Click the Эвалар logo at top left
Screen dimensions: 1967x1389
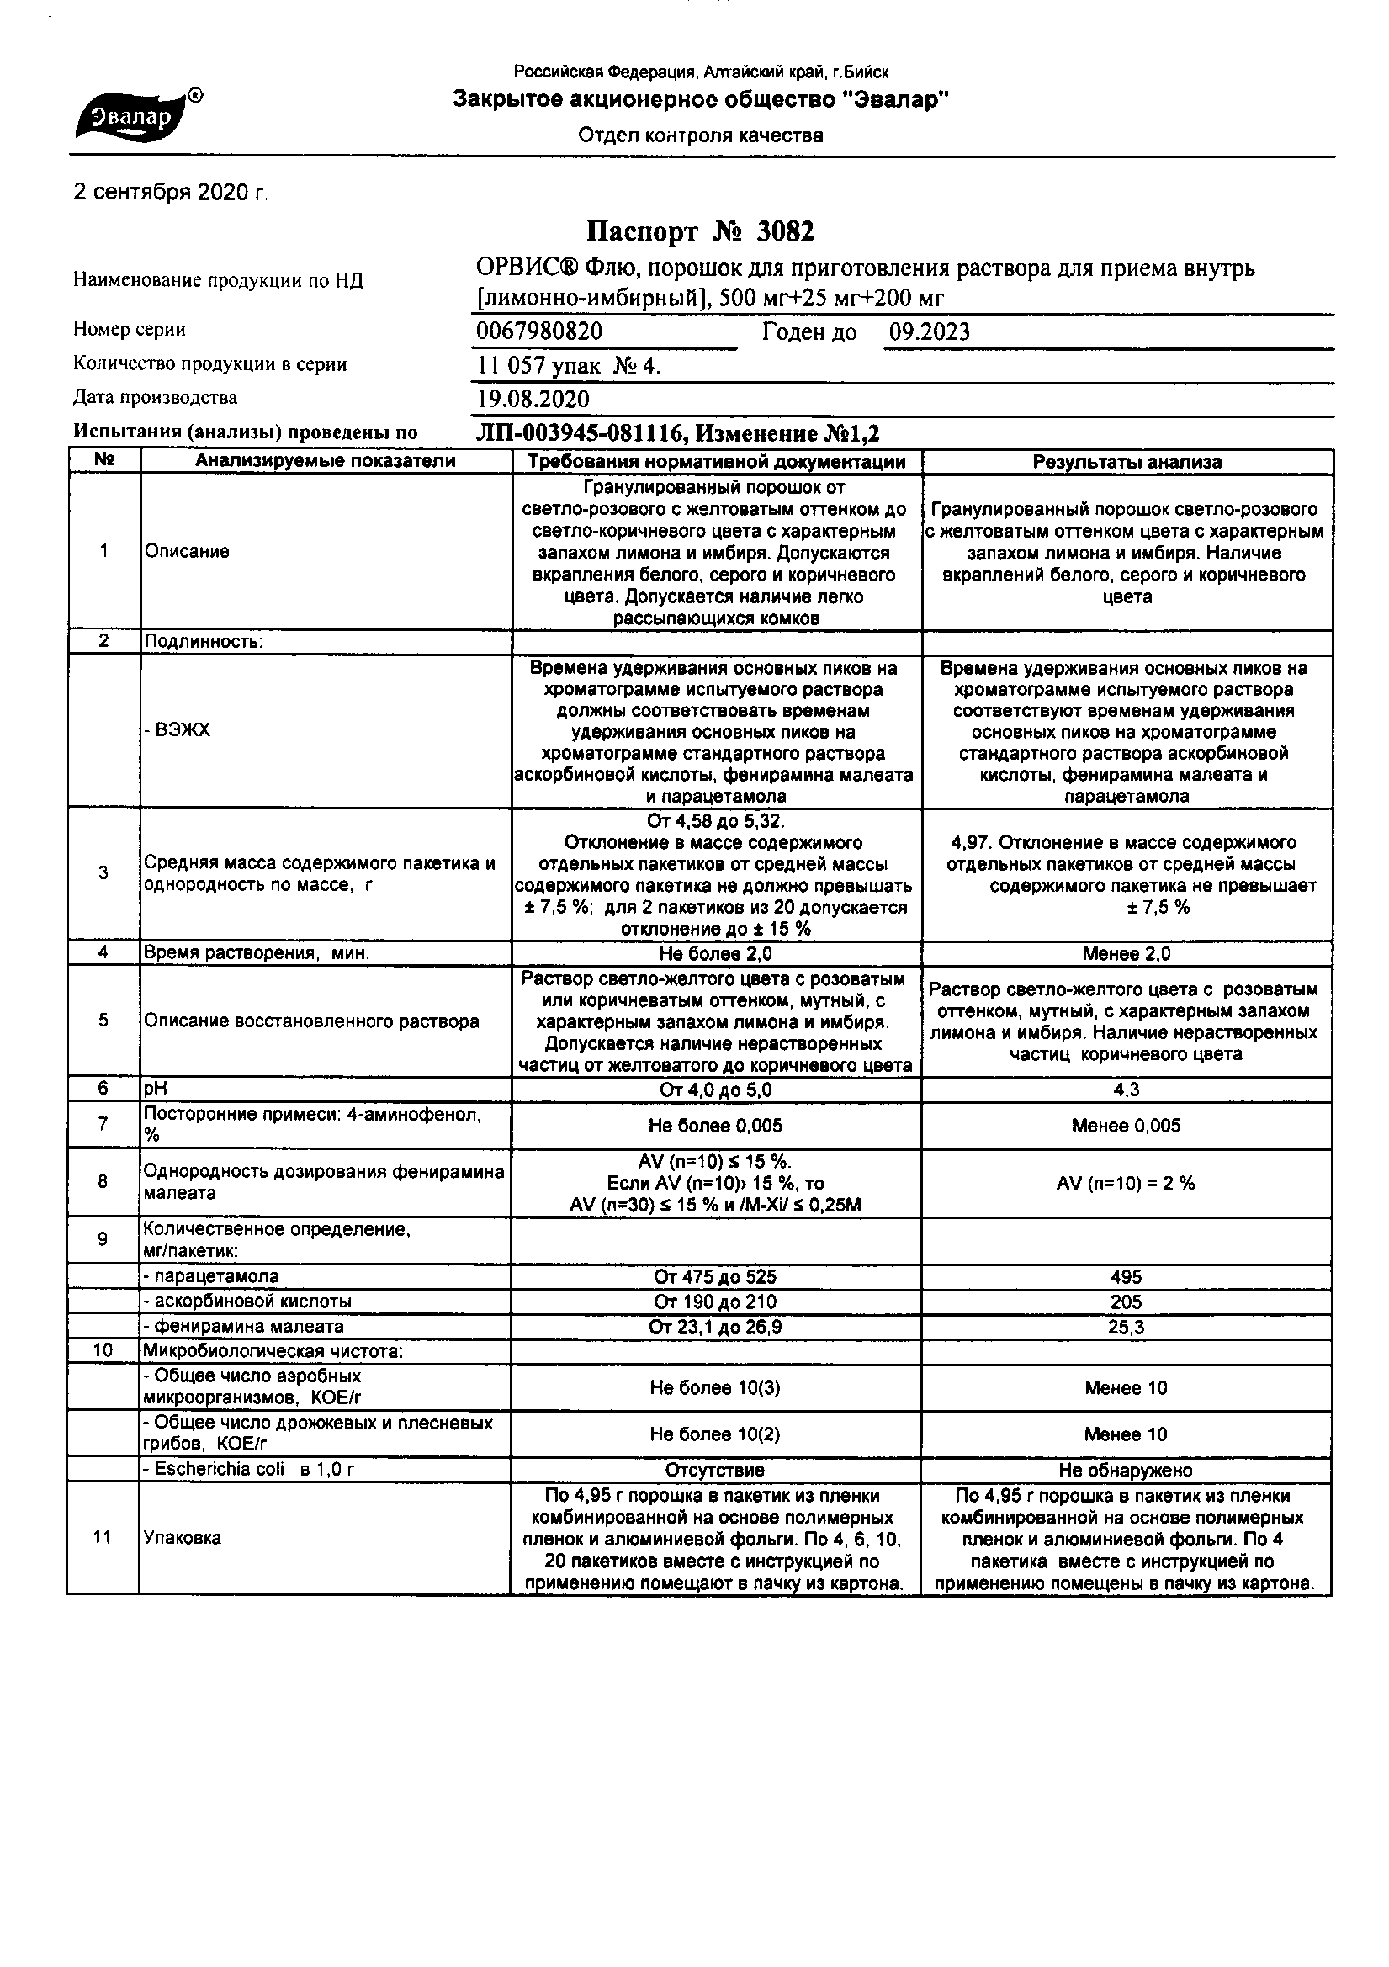pos(137,115)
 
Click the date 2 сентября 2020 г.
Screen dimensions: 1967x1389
pos(172,193)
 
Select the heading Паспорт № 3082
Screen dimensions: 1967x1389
pos(700,231)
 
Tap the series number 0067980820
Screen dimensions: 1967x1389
pos(539,331)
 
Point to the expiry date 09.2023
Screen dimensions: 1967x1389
pos(929,331)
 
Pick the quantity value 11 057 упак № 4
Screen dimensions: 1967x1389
pos(569,366)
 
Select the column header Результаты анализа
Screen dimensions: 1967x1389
pos(1127,462)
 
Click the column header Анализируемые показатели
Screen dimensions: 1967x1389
pos(326,462)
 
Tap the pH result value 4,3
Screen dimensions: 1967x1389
pos(1127,1090)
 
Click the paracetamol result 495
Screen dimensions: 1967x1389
pos(1126,1276)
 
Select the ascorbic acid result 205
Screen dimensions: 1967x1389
pos(1126,1302)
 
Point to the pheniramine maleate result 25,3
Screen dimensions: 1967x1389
pos(1126,1327)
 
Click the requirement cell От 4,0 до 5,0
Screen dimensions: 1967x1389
pos(715,1090)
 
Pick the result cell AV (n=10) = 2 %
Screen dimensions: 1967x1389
pos(1126,1183)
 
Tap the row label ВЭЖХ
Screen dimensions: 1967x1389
pos(178,731)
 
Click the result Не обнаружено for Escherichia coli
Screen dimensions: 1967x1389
pos(1126,1470)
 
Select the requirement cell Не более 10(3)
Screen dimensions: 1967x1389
pos(715,1388)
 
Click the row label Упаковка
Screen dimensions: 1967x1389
pos(183,1538)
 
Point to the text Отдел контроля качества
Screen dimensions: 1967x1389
pos(700,135)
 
